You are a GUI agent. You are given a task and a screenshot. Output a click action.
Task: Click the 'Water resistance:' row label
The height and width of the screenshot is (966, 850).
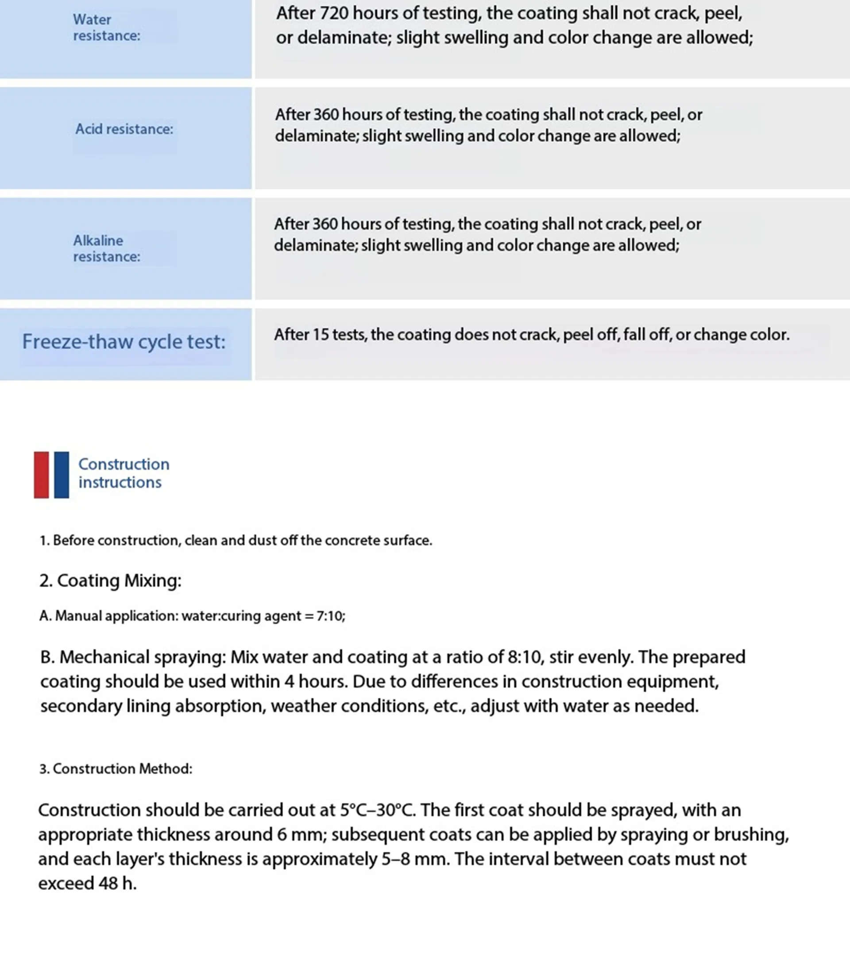(106, 27)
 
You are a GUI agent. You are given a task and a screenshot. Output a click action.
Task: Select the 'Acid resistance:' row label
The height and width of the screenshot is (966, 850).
(124, 129)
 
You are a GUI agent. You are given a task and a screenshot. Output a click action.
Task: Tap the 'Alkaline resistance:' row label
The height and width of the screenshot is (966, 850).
(106, 248)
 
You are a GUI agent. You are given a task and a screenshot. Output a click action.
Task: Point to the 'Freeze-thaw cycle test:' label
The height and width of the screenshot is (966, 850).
(124, 342)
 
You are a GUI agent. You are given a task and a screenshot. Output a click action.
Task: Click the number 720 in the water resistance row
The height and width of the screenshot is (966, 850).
(334, 13)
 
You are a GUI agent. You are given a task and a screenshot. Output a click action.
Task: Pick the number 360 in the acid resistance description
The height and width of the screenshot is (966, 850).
(326, 114)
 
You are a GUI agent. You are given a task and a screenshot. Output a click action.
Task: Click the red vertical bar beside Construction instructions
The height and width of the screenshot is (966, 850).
(41, 475)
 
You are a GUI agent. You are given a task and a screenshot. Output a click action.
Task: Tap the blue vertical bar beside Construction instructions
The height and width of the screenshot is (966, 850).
(62, 475)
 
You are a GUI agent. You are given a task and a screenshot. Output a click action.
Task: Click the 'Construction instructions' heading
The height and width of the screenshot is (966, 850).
(124, 473)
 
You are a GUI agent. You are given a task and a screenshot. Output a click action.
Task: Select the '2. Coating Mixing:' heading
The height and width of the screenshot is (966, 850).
(110, 580)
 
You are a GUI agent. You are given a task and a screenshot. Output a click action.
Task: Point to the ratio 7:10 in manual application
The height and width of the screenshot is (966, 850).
(330, 616)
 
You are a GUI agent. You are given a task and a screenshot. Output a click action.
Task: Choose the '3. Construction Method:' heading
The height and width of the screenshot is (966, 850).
(116, 769)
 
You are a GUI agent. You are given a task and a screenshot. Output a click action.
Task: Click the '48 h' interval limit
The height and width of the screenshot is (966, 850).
(117, 883)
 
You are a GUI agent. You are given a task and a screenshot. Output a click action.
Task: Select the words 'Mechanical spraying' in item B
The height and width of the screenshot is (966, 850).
(143, 657)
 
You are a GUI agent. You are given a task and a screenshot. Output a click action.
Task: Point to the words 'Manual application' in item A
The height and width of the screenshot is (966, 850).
(117, 616)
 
